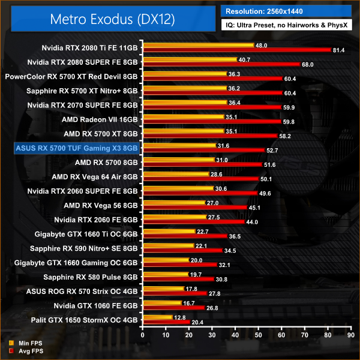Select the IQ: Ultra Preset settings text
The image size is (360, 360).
(287, 26)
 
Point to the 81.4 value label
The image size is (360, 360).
(338, 50)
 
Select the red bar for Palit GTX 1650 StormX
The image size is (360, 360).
(166, 322)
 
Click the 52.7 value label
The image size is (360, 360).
(272, 150)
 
